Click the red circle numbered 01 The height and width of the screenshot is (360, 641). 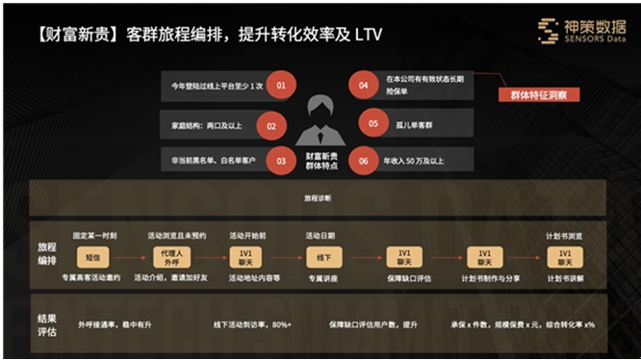(280, 87)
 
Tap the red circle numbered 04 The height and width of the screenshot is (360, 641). (363, 86)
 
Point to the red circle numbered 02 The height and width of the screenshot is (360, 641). (271, 125)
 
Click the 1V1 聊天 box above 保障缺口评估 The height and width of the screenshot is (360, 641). (404, 257)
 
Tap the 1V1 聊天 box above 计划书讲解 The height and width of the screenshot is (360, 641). (563, 257)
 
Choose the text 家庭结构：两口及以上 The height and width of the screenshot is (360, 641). (207, 125)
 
